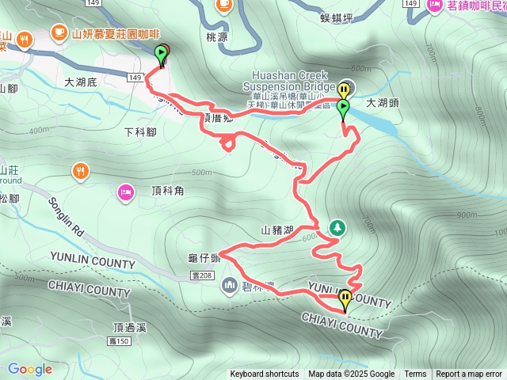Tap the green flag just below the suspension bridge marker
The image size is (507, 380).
[x=343, y=108]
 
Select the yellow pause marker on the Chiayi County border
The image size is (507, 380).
[x=346, y=300]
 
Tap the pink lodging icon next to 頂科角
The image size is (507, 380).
[x=125, y=191]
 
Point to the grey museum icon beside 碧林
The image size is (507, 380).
[x=230, y=284]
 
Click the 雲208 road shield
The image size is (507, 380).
[x=202, y=275]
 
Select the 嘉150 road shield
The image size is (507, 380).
[x=118, y=340]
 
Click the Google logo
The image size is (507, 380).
[x=29, y=369]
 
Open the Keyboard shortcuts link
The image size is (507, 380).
[x=265, y=374]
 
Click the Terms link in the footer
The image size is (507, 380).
[x=415, y=374]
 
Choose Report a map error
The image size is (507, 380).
[x=469, y=374]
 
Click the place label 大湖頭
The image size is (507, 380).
[x=385, y=103]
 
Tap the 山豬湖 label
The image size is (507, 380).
[x=277, y=230]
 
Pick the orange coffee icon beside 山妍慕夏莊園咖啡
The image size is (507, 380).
[x=59, y=32]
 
